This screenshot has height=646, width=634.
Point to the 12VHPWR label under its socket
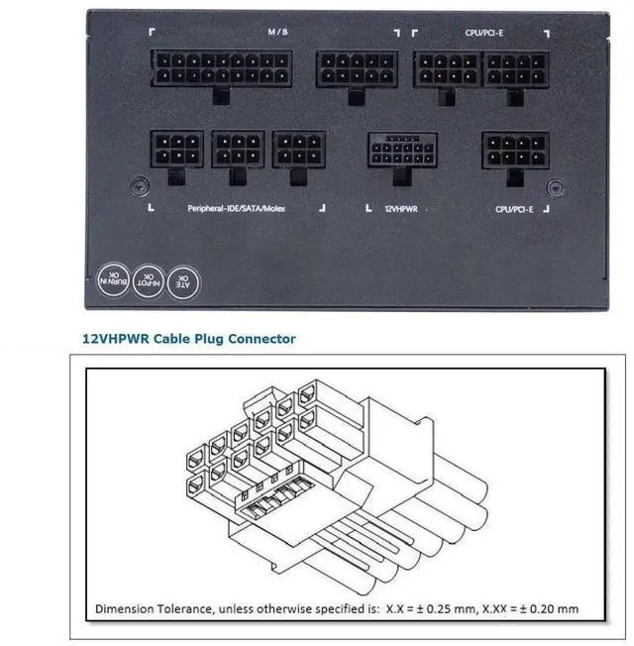401,209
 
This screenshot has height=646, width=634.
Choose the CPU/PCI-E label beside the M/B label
484,33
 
